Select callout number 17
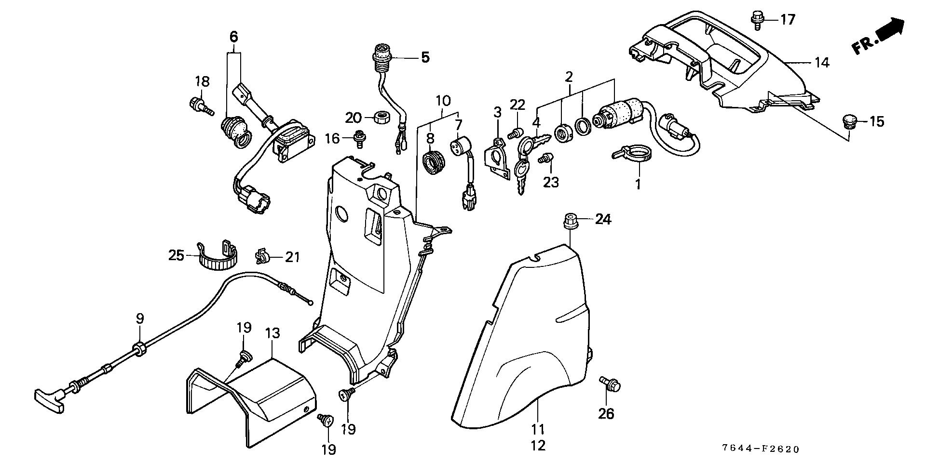[787, 20]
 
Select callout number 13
[272, 333]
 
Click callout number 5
[424, 57]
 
